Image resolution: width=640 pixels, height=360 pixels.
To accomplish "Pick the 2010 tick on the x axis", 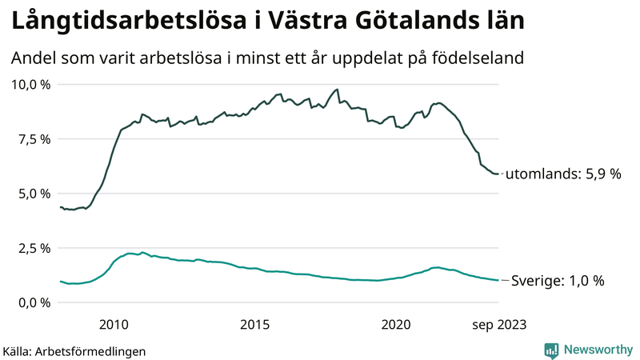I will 114,324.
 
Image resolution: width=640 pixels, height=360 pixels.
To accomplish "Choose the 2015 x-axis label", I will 255,324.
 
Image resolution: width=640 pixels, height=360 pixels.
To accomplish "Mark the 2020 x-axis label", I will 397,324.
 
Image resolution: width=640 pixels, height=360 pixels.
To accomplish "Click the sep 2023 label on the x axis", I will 499,324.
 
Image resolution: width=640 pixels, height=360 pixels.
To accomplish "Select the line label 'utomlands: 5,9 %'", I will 564,174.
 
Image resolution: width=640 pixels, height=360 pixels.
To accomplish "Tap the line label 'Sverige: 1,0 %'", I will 558,281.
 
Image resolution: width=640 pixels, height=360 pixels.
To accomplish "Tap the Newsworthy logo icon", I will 551,350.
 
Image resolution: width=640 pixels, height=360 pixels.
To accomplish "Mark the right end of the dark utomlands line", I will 499,174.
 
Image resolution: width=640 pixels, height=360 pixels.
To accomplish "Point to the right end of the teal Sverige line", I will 499,280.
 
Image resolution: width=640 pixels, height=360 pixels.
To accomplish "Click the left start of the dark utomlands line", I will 61,207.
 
